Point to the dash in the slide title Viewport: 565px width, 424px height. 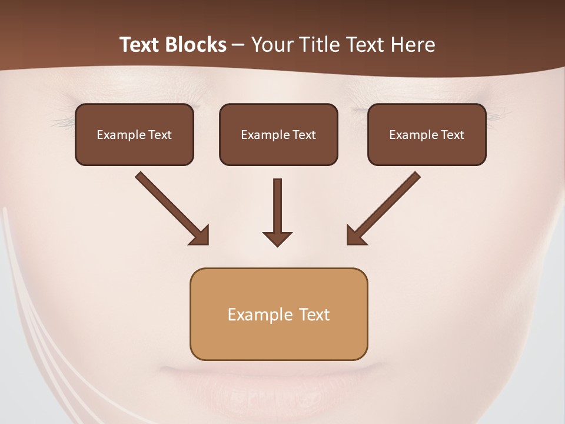(x=238, y=45)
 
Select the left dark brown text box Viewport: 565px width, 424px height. (x=134, y=134)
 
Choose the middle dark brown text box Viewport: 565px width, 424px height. (x=278, y=134)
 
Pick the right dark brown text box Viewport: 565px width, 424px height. (x=427, y=134)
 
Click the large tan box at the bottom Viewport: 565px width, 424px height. (x=278, y=314)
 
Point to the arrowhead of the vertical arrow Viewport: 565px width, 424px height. (x=277, y=238)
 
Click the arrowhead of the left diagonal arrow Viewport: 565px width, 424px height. (x=200, y=236)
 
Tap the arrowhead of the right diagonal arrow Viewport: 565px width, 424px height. (x=355, y=236)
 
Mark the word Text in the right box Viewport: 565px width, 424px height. (x=452, y=135)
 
